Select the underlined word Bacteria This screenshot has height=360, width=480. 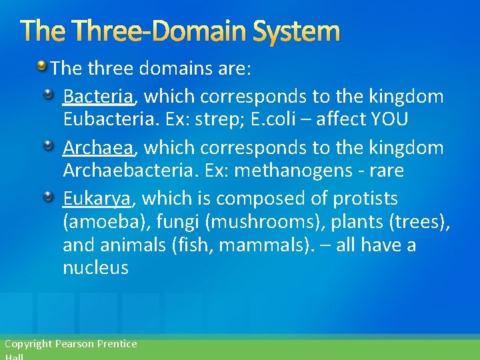[x=98, y=97]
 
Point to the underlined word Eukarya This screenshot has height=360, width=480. [x=97, y=198]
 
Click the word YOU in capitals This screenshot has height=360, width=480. [x=390, y=119]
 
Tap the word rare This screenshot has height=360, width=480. [x=385, y=170]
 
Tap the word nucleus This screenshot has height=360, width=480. [x=95, y=268]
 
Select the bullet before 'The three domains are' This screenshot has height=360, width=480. [x=41, y=66]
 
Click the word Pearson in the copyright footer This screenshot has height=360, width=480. [x=75, y=344]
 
